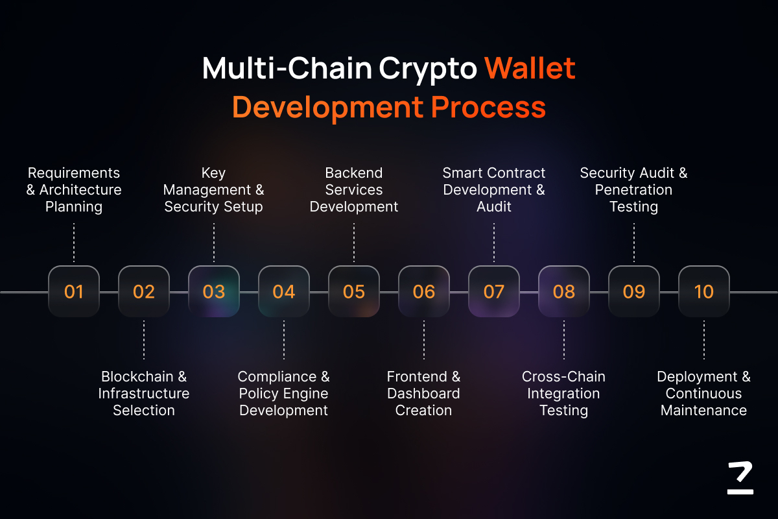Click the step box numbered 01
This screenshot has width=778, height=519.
[74, 291]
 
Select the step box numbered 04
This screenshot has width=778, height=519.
[284, 291]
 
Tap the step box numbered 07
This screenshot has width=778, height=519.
[494, 291]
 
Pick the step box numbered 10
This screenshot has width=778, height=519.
[704, 291]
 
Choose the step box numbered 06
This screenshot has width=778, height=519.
[424, 291]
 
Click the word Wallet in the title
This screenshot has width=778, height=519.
[530, 68]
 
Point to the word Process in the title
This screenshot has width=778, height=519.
[488, 108]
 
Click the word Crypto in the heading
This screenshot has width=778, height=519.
[428, 70]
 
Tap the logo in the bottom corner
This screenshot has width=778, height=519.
[740, 477]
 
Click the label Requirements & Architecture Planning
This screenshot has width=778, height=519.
[74, 190]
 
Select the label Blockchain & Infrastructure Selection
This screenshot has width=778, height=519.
[144, 394]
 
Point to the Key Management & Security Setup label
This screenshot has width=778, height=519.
[213, 190]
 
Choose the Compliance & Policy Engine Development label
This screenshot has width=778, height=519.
[284, 394]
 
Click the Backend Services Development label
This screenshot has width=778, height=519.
[354, 190]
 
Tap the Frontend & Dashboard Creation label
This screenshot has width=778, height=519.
[424, 394]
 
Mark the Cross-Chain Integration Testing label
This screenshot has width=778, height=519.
[563, 394]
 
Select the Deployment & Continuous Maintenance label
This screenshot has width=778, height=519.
[704, 394]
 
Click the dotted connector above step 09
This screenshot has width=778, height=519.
[634, 242]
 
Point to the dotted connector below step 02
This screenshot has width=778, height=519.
[144, 340]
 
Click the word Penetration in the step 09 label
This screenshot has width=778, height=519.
[633, 190]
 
